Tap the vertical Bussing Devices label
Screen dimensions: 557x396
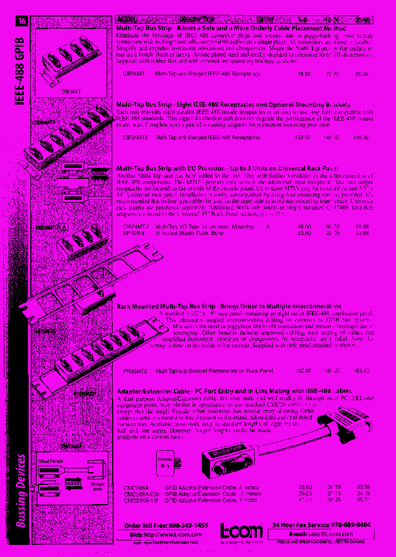(21, 490)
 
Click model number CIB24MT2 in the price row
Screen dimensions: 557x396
(134, 137)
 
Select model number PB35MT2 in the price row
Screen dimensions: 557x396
(135, 371)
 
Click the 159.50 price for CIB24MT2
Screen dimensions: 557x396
(304, 137)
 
